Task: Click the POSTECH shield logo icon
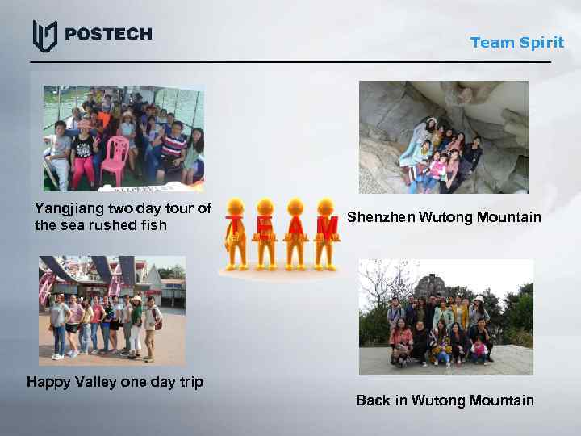(x=44, y=36)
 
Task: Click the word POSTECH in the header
(x=107, y=34)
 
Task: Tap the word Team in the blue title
(x=491, y=43)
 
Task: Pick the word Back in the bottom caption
(x=373, y=400)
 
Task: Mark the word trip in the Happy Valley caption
(x=190, y=382)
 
